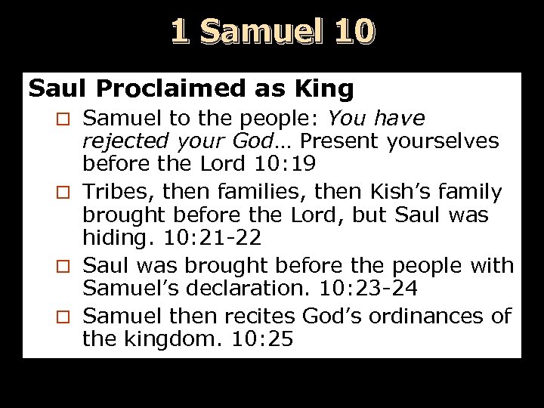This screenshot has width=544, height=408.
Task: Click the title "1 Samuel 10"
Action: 272,32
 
